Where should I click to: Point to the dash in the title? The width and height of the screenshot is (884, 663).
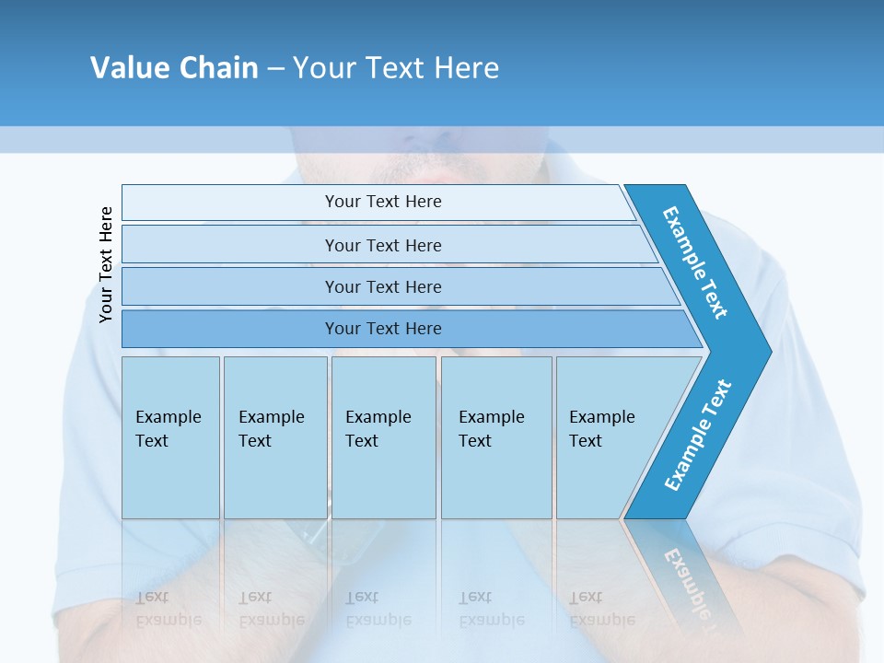pyautogui.click(x=275, y=69)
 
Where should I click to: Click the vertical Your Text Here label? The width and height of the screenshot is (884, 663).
pyautogui.click(x=106, y=265)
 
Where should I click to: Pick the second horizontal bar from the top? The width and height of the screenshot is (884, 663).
pyautogui.click(x=382, y=245)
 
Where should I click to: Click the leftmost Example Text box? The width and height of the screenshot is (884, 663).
pyautogui.click(x=170, y=437)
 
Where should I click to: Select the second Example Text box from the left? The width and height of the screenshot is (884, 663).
pyautogui.click(x=274, y=437)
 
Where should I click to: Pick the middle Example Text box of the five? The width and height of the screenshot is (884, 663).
pyautogui.click(x=383, y=437)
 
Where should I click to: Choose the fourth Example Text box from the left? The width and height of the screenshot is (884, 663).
pyautogui.click(x=496, y=437)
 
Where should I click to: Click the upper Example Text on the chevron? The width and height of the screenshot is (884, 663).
pyautogui.click(x=695, y=262)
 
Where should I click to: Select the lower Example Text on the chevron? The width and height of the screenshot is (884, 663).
pyautogui.click(x=698, y=436)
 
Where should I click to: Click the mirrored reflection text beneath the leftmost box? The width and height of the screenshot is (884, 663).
pyautogui.click(x=169, y=609)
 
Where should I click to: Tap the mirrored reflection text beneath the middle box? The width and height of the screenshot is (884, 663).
pyautogui.click(x=378, y=609)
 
